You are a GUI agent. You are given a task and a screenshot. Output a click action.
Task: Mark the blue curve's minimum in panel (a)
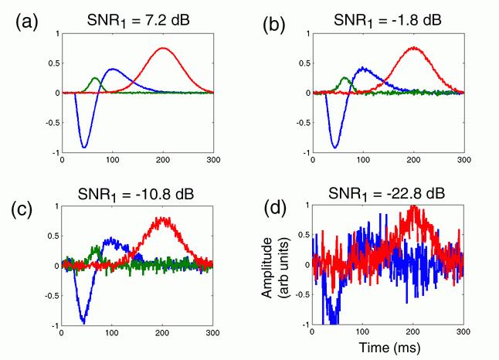[x=84, y=147]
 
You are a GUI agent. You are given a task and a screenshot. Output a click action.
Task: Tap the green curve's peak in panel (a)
[x=95, y=77]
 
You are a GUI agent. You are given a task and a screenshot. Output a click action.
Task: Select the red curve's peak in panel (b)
[x=414, y=47]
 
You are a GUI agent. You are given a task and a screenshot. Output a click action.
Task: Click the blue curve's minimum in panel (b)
[x=334, y=147]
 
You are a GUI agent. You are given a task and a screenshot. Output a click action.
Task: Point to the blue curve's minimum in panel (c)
[x=83, y=321]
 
